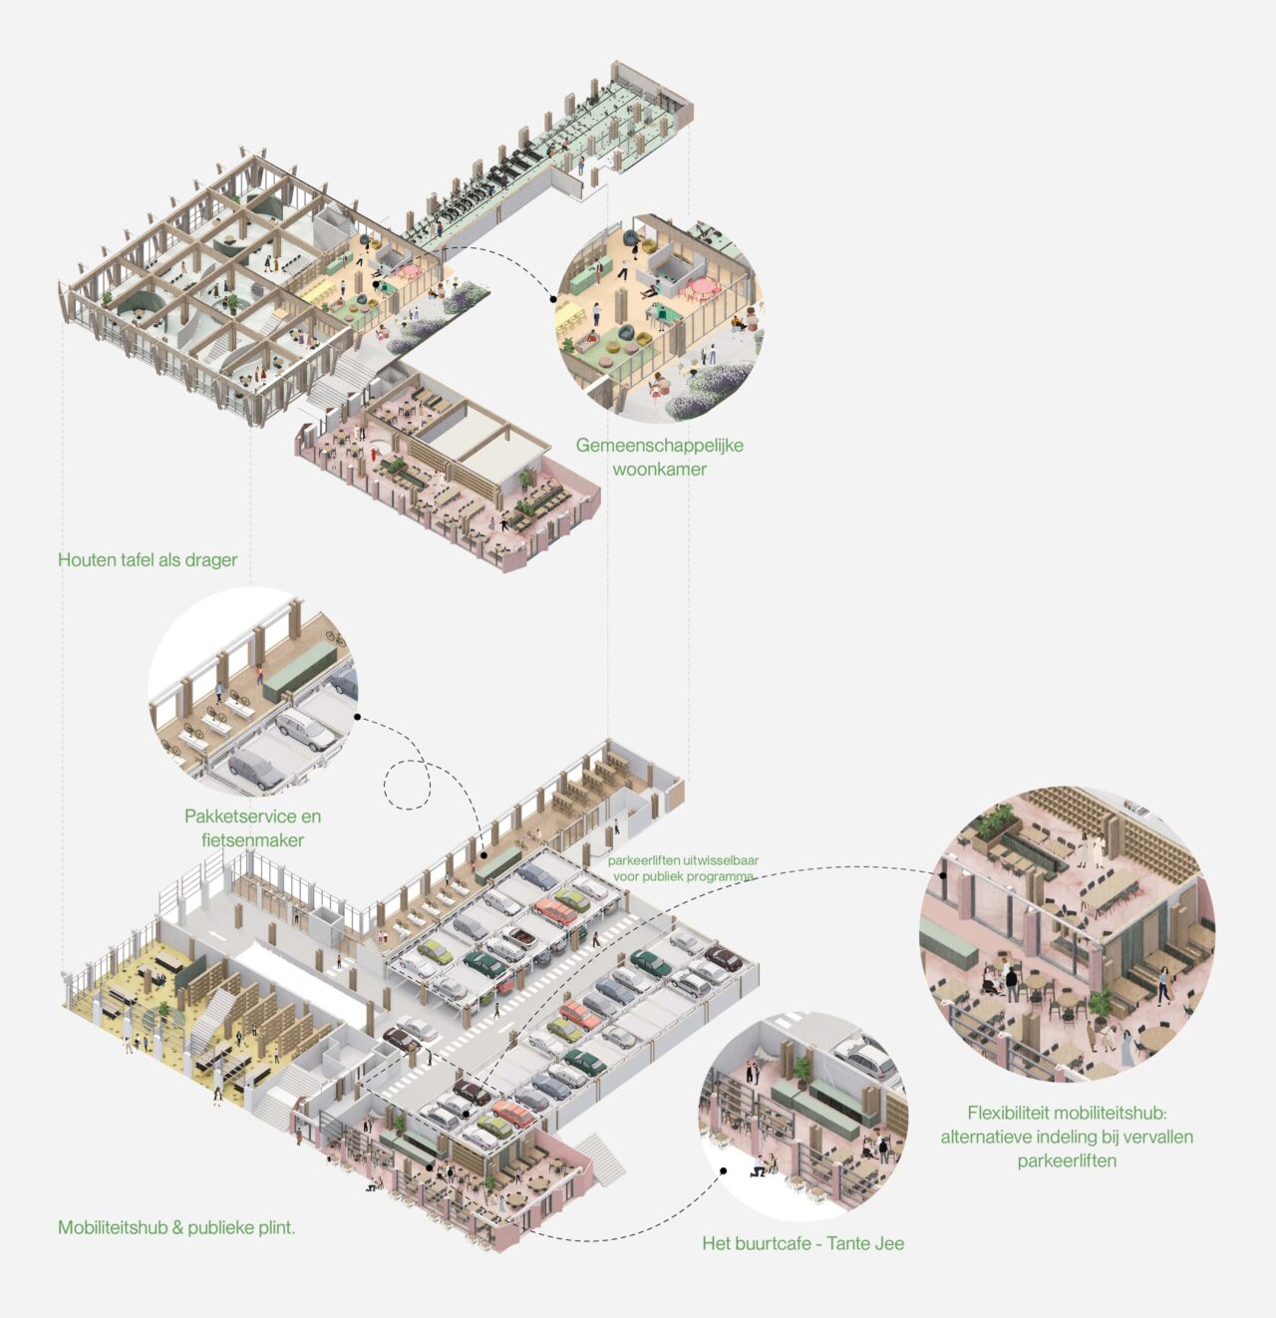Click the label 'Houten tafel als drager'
148,559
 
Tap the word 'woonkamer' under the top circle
659,469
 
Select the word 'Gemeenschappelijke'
659,445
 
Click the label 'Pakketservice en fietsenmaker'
252,827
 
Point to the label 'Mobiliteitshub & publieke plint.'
176,1227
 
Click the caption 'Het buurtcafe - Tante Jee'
802,1243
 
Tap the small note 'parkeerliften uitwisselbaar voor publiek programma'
683,867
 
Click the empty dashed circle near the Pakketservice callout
408,784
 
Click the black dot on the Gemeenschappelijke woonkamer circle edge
554,297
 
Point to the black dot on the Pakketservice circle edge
356,717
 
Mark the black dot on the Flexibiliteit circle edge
942,875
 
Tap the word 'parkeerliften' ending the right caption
1067,1160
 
